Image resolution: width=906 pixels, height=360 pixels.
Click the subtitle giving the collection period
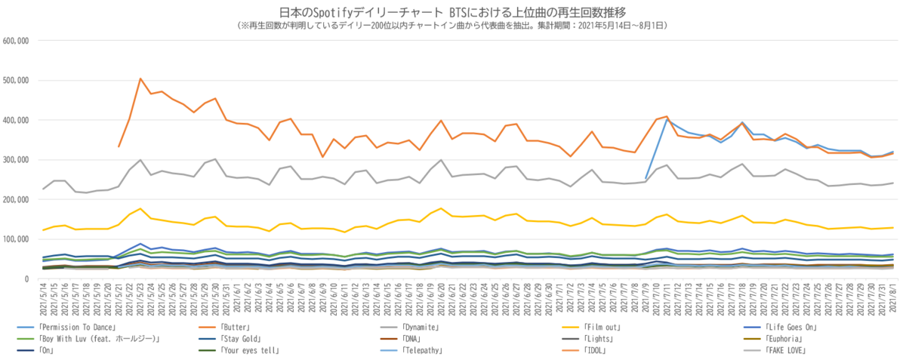click(x=452, y=25)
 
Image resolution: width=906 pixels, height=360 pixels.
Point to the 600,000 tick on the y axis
click(x=16, y=41)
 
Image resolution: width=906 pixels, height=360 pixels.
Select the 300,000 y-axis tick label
click(x=16, y=160)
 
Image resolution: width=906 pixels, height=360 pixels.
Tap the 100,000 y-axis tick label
click(x=16, y=239)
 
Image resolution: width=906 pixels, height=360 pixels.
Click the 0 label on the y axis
click(x=26, y=279)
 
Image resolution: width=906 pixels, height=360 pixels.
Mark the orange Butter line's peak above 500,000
click(x=140, y=78)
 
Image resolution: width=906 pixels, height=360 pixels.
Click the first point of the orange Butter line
click(x=119, y=147)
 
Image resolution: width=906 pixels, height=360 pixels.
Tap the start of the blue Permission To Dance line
click(x=646, y=179)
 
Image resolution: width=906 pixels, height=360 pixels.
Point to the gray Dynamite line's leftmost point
click(x=43, y=189)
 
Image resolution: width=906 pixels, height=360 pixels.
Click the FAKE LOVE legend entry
click(x=788, y=351)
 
